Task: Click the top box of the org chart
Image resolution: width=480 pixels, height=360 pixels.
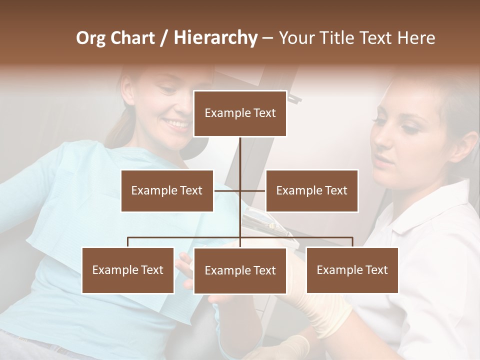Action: (x=240, y=113)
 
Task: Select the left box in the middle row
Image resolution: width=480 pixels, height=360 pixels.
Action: (x=167, y=190)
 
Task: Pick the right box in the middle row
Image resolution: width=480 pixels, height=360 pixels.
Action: (x=311, y=190)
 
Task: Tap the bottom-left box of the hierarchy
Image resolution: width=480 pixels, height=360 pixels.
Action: (x=128, y=270)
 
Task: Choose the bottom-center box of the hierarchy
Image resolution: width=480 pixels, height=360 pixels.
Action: (x=240, y=270)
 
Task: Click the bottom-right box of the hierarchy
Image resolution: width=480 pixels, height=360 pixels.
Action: (x=352, y=270)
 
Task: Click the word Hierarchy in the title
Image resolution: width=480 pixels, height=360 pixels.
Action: (x=215, y=38)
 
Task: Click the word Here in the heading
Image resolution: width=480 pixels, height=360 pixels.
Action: (x=416, y=38)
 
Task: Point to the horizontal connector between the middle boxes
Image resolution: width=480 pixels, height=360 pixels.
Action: (x=239, y=190)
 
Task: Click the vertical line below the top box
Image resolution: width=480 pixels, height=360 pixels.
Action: (x=240, y=152)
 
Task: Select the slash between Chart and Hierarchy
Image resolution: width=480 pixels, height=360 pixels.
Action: (x=164, y=38)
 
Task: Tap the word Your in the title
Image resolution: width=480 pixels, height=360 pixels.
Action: (x=295, y=38)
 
